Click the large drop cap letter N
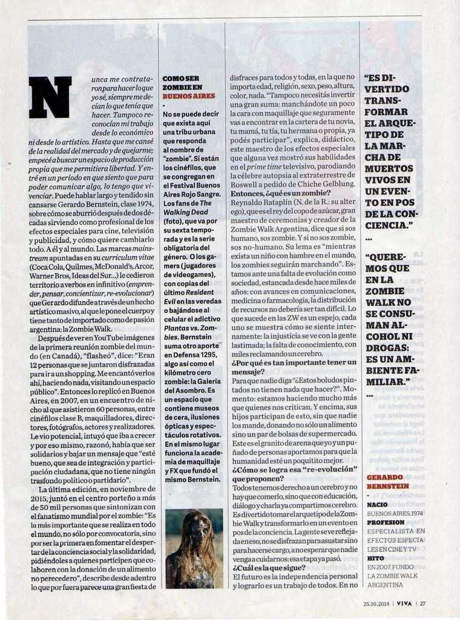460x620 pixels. (50, 97)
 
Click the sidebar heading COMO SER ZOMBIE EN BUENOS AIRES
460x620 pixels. (189, 87)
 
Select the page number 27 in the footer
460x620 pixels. (423, 603)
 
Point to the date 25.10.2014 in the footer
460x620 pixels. (376, 603)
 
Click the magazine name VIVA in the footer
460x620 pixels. (405, 603)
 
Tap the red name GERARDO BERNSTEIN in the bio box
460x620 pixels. (387, 481)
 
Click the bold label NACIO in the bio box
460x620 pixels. (377, 504)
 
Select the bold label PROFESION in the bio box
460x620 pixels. (385, 522)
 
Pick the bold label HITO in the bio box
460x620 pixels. (375, 558)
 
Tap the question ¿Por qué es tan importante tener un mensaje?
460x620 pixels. (294, 368)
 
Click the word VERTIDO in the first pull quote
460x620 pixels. (387, 89)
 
